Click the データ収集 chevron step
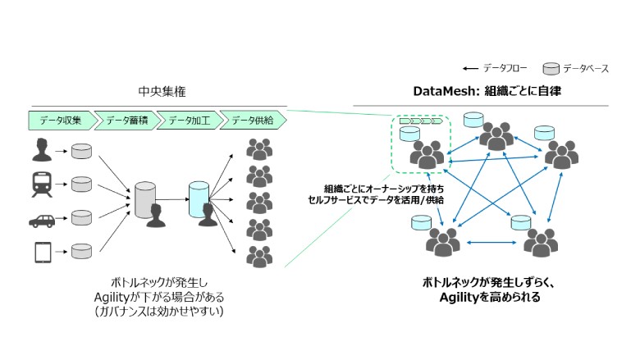[x=60, y=121]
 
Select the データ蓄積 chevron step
[x=125, y=121]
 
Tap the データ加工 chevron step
[x=188, y=121]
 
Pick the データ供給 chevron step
[x=252, y=121]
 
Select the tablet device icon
[x=41, y=253]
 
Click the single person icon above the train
[x=41, y=150]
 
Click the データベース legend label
[x=585, y=68]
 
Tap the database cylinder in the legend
[x=552, y=68]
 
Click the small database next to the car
[x=81, y=218]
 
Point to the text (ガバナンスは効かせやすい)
[x=158, y=312]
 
